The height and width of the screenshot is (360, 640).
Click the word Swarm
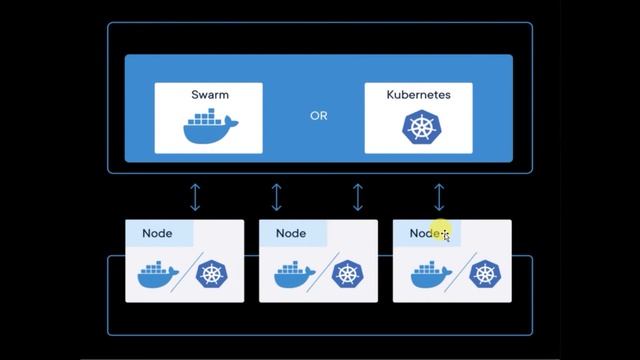209,95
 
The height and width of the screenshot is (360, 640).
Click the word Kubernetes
418,95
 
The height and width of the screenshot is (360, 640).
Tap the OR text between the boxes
318,116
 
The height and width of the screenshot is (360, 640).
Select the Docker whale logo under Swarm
210,129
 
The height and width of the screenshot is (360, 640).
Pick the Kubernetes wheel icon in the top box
417,127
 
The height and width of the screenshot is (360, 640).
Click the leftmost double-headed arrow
195,196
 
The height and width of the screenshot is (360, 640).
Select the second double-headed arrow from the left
277,196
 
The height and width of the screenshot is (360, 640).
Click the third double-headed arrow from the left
358,196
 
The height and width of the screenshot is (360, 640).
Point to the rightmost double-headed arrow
439,196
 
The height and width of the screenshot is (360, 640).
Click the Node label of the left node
157,233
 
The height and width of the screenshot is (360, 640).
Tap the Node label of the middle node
291,233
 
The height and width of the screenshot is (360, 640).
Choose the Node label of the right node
425,233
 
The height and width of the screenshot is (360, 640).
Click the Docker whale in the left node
158,274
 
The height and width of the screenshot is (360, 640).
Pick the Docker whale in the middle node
292,274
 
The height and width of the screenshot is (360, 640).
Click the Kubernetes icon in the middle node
347,274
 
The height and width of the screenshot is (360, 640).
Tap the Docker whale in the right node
426,274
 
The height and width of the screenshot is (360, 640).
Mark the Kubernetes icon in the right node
484,274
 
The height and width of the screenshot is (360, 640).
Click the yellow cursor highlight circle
443,232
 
